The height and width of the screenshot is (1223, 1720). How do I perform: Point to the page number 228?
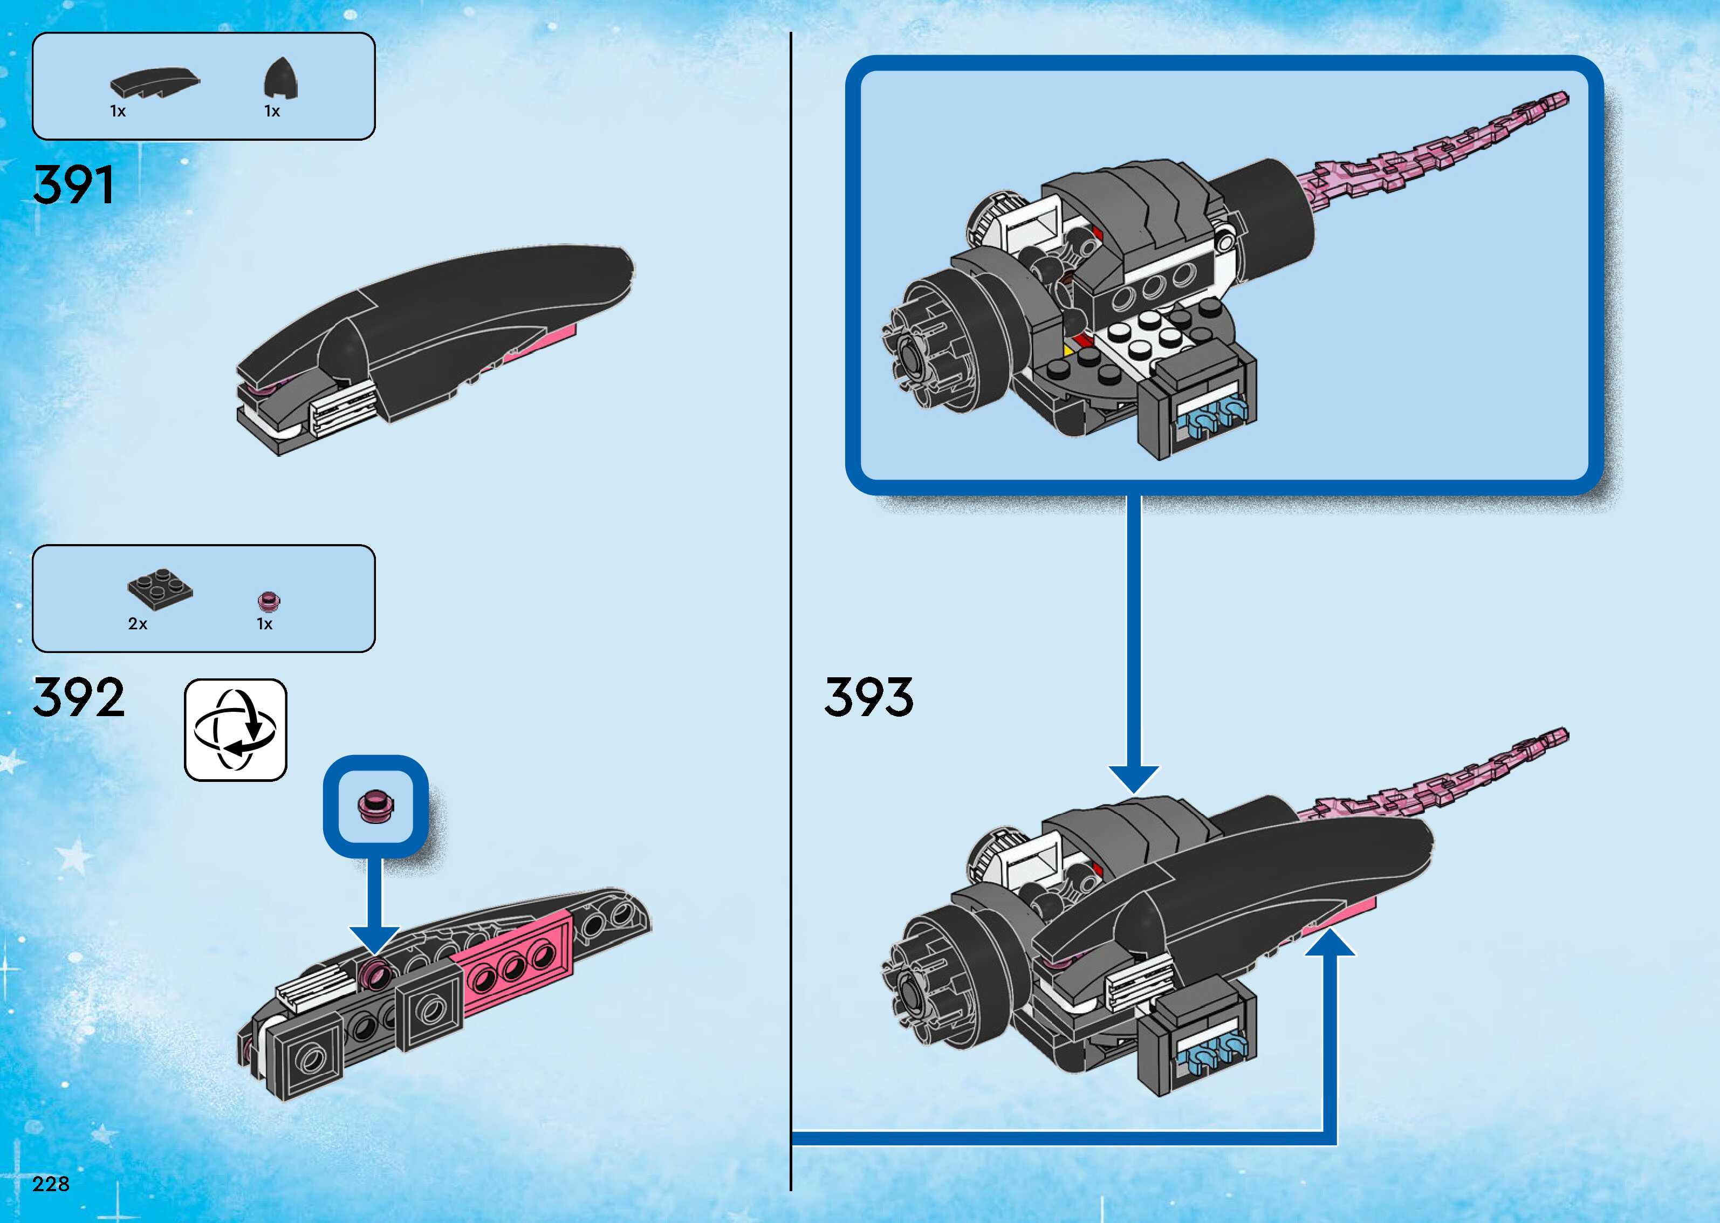point(51,1184)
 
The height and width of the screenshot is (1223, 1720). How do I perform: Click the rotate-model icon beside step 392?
point(236,730)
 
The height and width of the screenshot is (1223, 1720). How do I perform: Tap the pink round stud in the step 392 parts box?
point(269,600)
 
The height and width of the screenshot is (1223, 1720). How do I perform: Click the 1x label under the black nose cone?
point(272,112)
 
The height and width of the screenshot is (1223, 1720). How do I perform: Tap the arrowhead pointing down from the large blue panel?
point(1134,779)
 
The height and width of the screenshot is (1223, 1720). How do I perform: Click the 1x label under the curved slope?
point(118,112)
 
